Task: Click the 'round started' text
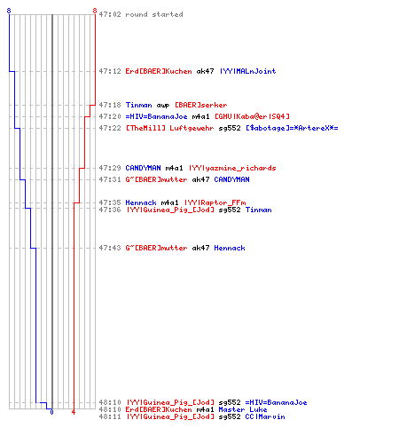pos(154,14)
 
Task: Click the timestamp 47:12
pos(110,71)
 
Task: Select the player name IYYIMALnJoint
pos(247,71)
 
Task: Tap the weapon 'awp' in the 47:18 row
pos(163,106)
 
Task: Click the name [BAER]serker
pos(201,105)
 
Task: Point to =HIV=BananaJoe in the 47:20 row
pos(156,116)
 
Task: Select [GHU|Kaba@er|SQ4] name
pos(252,116)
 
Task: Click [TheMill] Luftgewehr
pos(169,128)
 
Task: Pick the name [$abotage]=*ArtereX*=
pos(292,128)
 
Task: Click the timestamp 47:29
pos(110,168)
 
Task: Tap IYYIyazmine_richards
pos(232,168)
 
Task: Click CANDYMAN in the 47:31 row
pos(231,179)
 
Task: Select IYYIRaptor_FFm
pos(215,202)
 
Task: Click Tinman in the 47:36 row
pos(258,210)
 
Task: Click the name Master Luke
pos(243,409)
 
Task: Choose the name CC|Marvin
pos(265,416)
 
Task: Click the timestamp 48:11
pos(110,416)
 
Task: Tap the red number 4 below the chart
pos(74,412)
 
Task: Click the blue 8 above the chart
pos(9,11)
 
